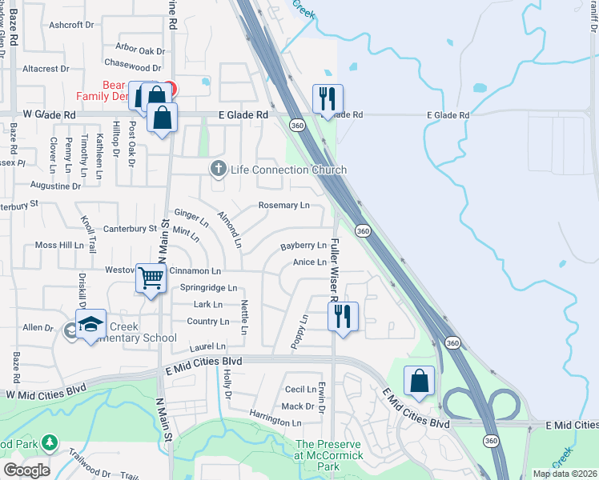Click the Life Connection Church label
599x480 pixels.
(288, 170)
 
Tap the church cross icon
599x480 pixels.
(217, 169)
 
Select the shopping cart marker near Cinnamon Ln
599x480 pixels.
(151, 278)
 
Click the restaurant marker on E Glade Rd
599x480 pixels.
(327, 99)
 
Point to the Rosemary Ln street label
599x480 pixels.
(283, 206)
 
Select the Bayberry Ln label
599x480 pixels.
(304, 246)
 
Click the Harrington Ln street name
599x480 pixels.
(275, 422)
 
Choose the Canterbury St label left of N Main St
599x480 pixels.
(130, 229)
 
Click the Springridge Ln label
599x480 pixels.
(208, 287)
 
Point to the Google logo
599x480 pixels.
(26, 470)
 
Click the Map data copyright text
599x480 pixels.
(565, 474)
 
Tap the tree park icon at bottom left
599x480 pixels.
(49, 442)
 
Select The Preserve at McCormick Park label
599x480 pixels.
(329, 450)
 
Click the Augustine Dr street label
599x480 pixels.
(55, 186)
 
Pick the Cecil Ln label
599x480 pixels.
(301, 389)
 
